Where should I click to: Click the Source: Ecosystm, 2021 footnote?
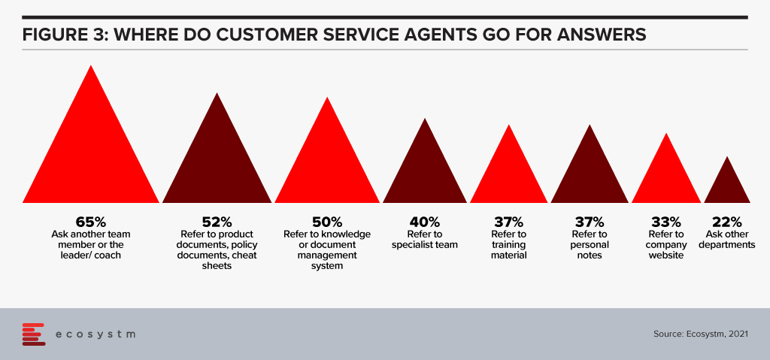[701, 334]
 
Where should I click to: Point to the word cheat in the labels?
[244, 256]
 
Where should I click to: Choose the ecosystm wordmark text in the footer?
[95, 334]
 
